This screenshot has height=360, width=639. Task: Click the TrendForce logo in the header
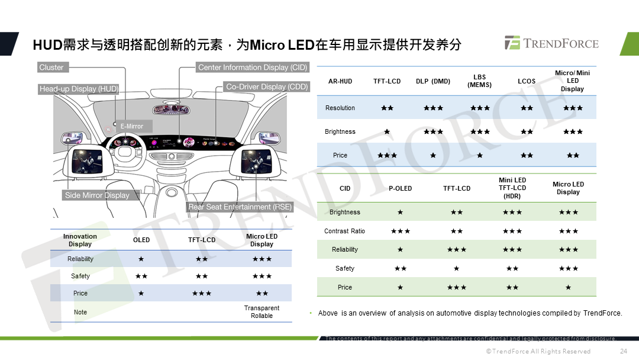click(551, 43)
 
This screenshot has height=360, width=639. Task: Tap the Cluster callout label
click(51, 67)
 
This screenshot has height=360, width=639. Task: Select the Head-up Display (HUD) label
click(79, 89)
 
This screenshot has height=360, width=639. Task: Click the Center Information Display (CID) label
click(253, 67)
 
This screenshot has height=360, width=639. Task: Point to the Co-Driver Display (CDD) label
click(267, 87)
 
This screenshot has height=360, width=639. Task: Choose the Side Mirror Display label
click(97, 195)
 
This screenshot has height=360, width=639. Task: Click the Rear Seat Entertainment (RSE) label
click(240, 207)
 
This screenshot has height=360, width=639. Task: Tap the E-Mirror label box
click(131, 126)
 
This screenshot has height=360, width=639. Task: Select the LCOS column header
click(527, 81)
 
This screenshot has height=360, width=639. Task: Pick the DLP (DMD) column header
click(433, 81)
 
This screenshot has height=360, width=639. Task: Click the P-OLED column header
click(400, 188)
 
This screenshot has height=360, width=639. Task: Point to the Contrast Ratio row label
click(344, 231)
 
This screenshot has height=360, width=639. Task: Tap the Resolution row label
click(340, 108)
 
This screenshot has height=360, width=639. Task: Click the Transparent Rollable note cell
click(262, 312)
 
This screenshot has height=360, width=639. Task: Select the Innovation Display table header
click(80, 240)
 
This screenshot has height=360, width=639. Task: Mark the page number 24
click(623, 351)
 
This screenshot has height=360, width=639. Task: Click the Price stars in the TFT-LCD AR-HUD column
click(387, 155)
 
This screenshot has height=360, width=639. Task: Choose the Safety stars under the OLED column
click(141, 276)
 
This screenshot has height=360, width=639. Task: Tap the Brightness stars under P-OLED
click(400, 212)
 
